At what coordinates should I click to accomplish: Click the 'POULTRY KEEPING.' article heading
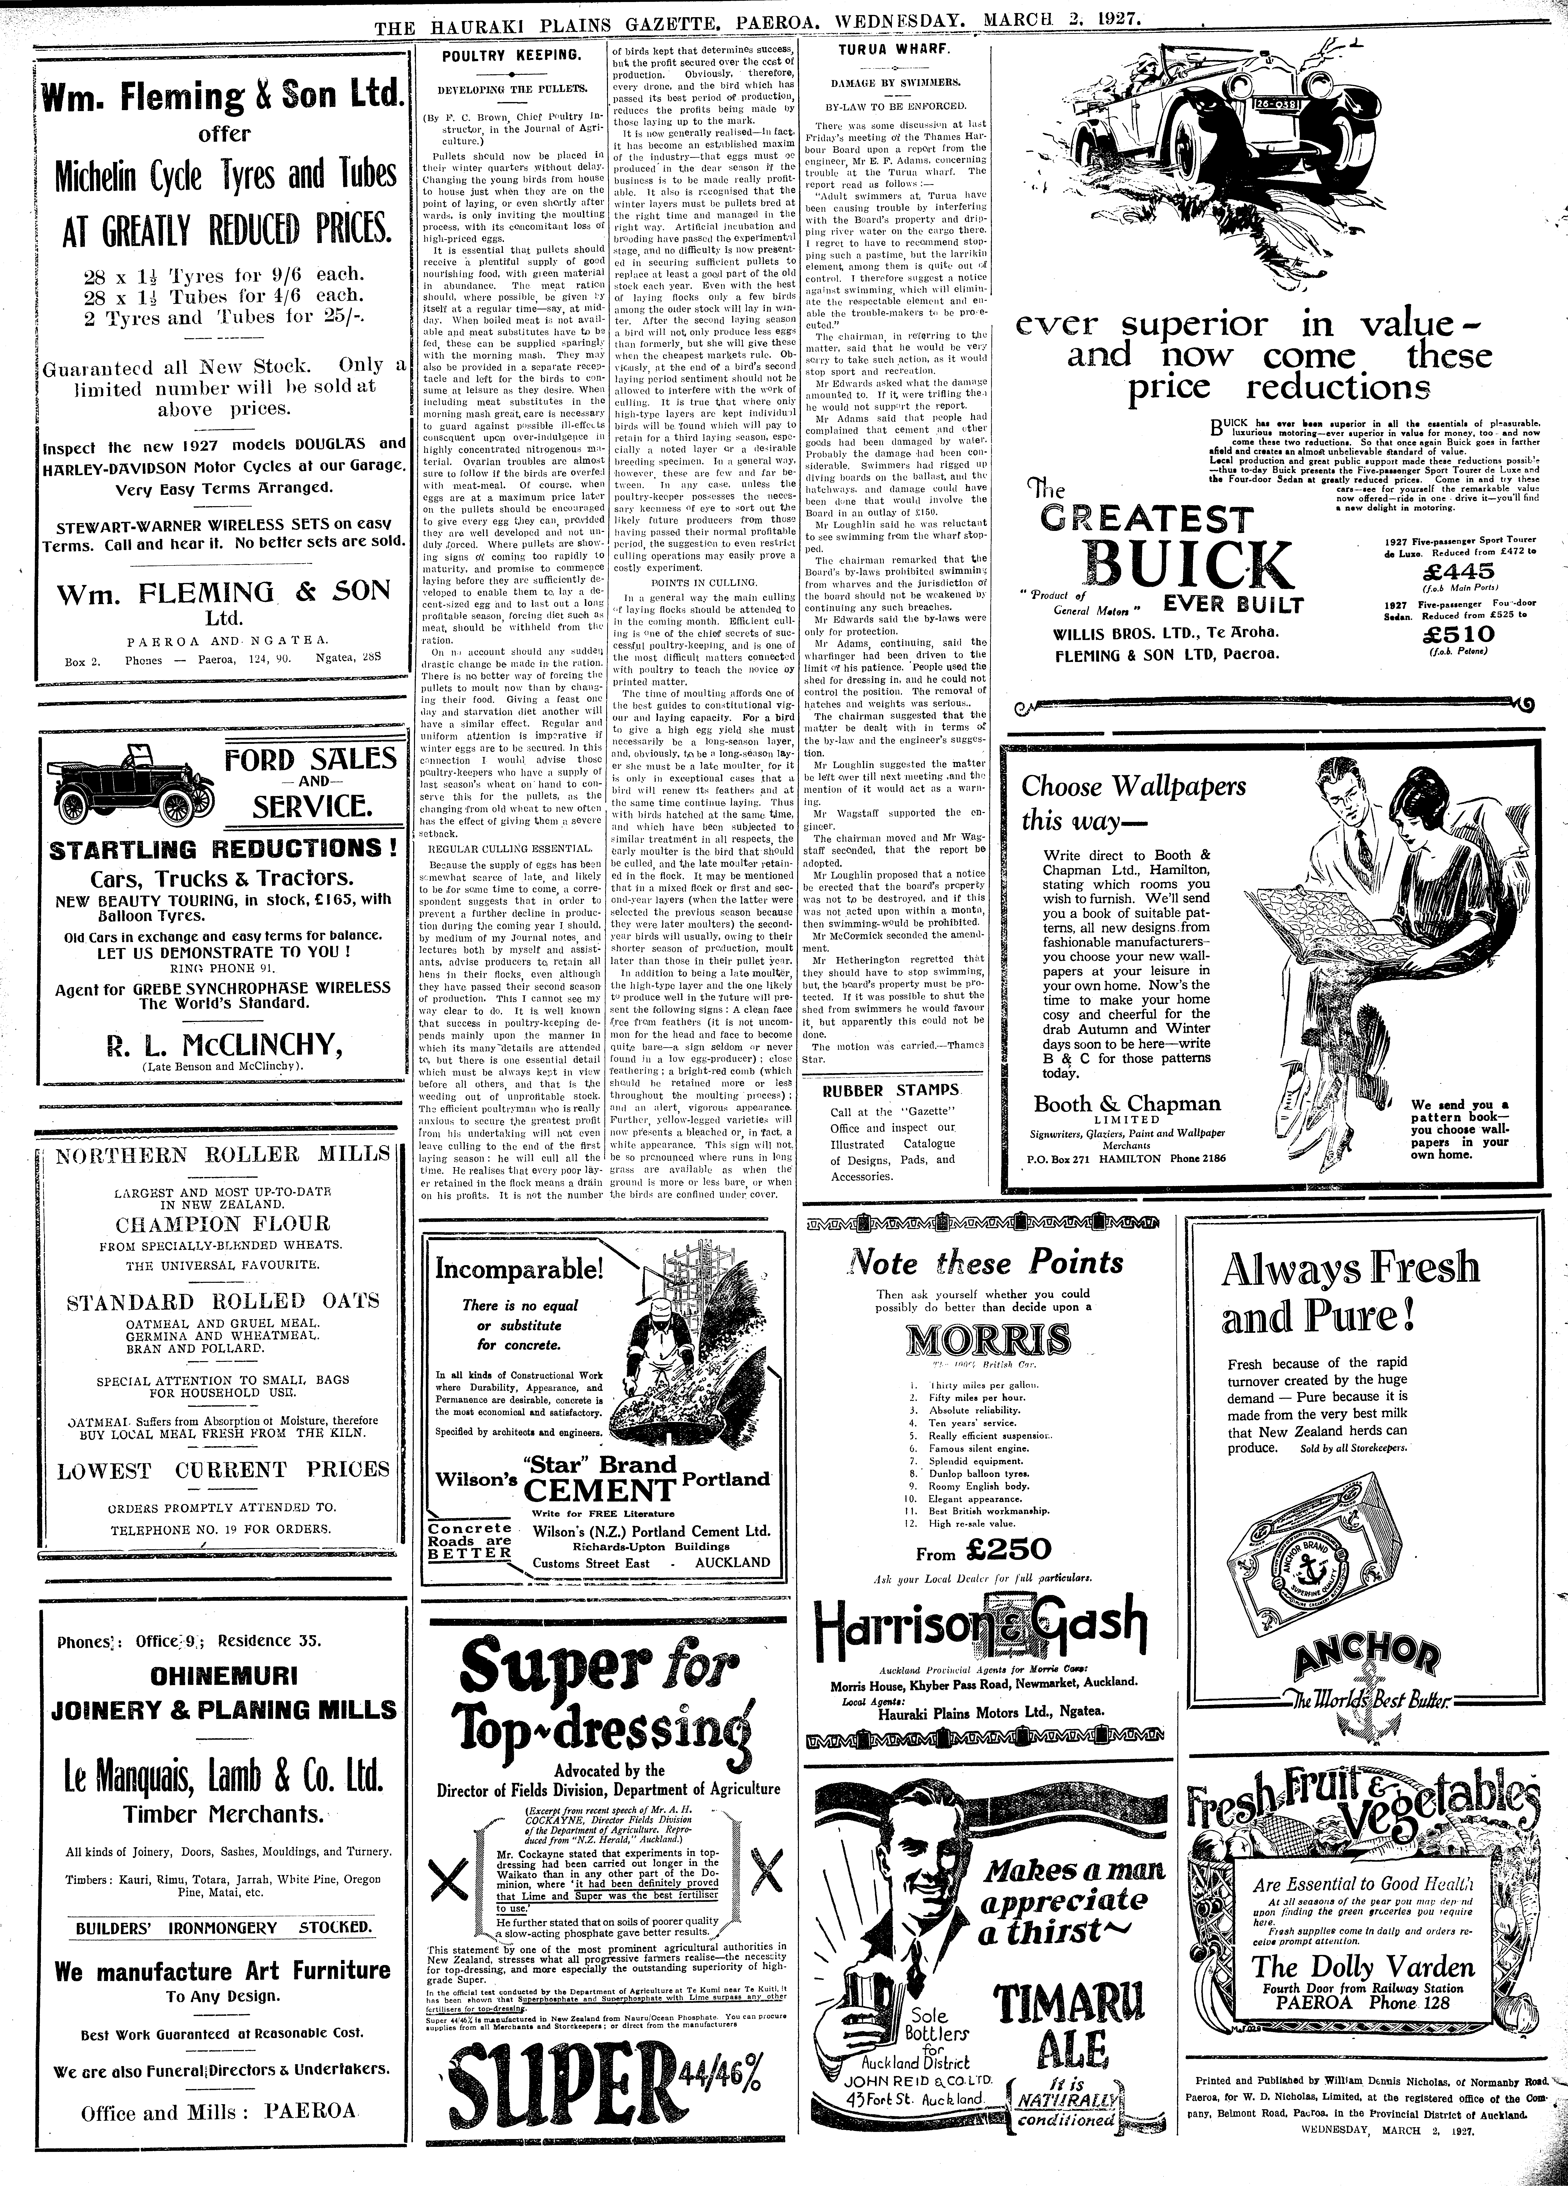click(x=511, y=56)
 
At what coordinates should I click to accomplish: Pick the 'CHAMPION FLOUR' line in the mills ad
click(x=223, y=1224)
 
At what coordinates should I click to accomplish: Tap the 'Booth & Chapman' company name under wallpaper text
click(x=1126, y=1103)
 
